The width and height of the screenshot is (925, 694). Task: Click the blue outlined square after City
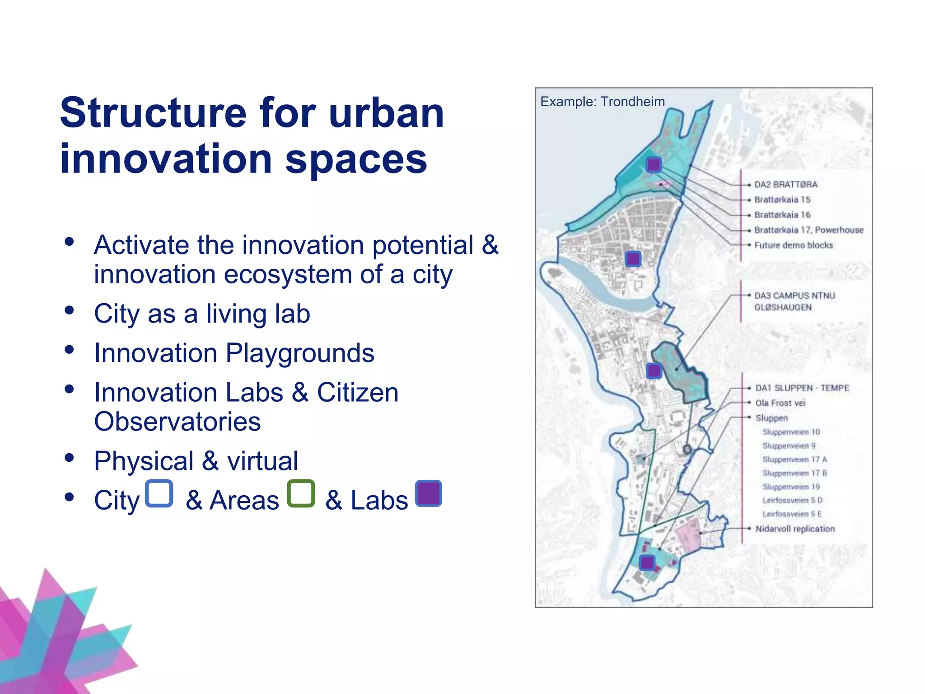pos(159,493)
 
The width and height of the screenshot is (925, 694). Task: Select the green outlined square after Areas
pos(301,493)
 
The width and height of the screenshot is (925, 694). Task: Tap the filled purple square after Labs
pos(428,493)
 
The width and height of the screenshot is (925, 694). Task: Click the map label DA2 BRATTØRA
pos(785,184)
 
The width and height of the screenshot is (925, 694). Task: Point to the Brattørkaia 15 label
pos(782,200)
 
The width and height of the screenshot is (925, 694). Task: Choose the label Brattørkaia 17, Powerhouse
pos(808,230)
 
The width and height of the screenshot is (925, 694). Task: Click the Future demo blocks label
pos(793,245)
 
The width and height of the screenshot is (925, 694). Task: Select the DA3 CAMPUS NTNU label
pos(794,295)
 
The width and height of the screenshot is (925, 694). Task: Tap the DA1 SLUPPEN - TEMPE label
pos(802,388)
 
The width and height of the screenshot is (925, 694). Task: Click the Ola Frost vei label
pos(780,403)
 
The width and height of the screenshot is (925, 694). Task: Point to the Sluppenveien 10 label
pos(791,432)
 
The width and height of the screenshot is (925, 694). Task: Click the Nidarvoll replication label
pos(795,529)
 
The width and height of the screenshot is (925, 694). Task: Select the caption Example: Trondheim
pos(603,102)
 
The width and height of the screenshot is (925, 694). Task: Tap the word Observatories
pos(178,422)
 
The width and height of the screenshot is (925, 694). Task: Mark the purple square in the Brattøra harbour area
pos(654,164)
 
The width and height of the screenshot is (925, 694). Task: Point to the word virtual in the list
pos(262,461)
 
